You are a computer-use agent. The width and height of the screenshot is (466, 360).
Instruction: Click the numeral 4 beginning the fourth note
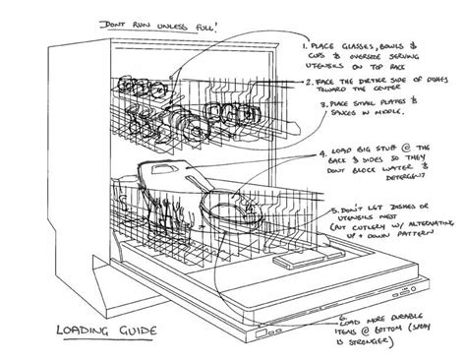pyautogui.click(x=322, y=152)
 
